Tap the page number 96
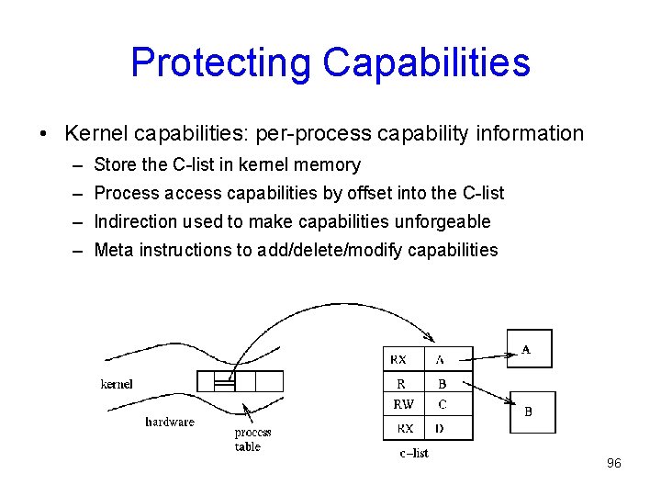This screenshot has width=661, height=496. point(613,463)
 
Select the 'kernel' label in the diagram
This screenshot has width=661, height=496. point(117,384)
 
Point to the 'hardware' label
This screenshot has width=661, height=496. point(170,422)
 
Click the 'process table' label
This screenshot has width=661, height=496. point(252,439)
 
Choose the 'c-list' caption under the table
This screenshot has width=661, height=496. point(414,452)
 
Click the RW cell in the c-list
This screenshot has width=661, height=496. point(403,404)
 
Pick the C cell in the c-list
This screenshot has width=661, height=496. point(443,404)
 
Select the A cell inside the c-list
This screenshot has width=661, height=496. point(442,359)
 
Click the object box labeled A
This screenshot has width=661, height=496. point(530,349)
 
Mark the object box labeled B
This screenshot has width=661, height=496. point(532,411)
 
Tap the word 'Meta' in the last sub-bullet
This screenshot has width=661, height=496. point(114,250)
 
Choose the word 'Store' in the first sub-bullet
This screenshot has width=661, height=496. point(114,165)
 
